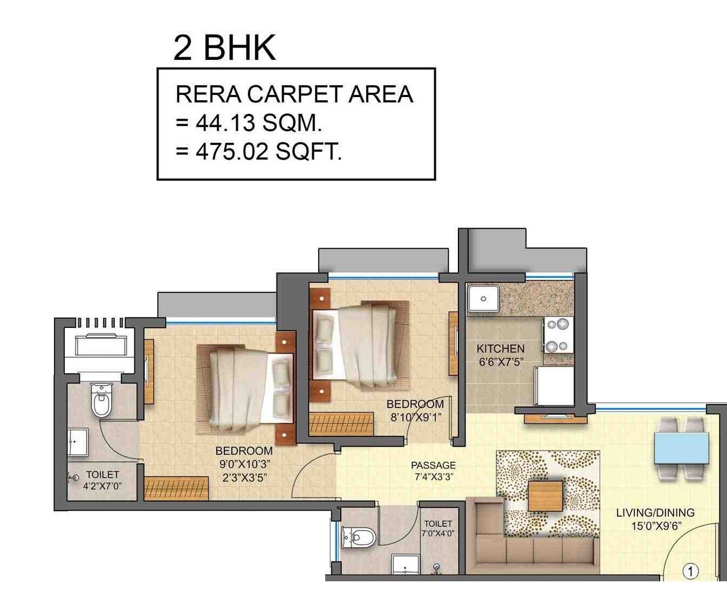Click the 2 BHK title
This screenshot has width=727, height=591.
(224, 47)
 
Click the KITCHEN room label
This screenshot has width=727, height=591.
(500, 349)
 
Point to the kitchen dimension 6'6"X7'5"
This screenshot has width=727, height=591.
(501, 362)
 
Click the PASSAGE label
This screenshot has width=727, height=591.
(433, 465)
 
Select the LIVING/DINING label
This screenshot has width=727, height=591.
(655, 513)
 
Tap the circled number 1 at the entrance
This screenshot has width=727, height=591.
(690, 571)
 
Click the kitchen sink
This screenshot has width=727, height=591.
(483, 299)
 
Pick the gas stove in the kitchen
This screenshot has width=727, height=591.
(558, 335)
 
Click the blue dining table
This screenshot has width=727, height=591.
(681, 448)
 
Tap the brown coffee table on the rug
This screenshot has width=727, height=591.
(545, 496)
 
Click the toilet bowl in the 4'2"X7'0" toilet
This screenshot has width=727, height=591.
(101, 401)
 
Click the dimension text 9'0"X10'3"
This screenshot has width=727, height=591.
(244, 464)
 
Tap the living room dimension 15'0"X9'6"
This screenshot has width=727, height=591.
(655, 526)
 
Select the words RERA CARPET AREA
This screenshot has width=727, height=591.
(294, 94)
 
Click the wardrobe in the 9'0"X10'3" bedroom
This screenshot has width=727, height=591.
(176, 487)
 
